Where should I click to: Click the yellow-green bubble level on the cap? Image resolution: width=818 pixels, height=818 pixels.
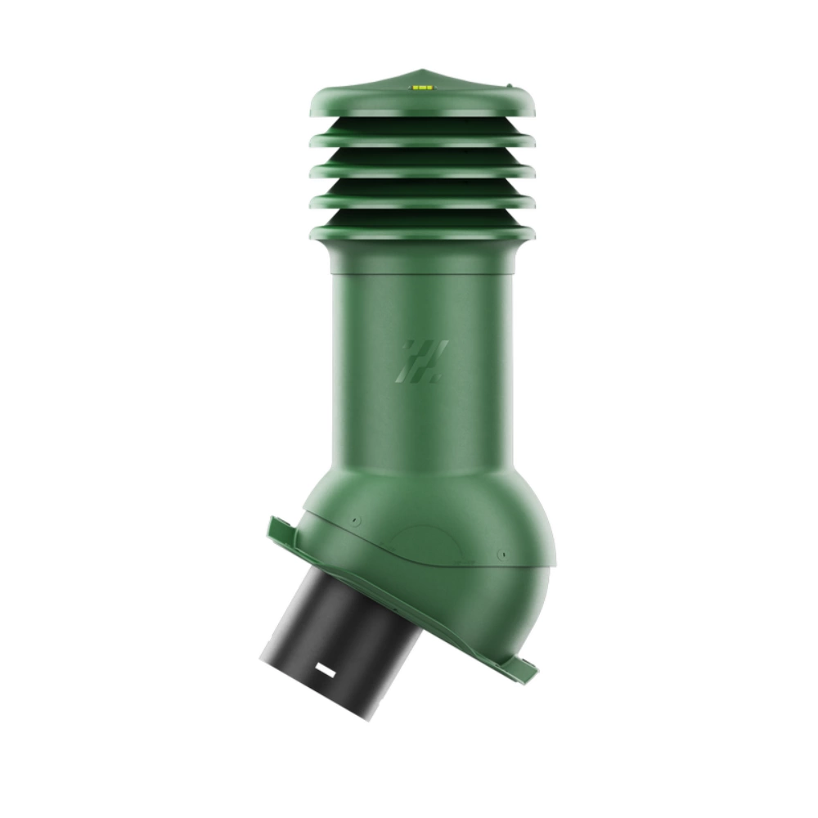tap(423, 84)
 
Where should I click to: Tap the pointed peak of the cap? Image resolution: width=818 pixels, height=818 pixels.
tap(422, 70)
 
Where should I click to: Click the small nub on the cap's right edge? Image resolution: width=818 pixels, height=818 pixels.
tap(510, 84)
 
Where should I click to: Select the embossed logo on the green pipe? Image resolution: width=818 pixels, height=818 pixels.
tap(419, 361)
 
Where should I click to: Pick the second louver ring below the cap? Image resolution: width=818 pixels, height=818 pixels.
tap(422, 171)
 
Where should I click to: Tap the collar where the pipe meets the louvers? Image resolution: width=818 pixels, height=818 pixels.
tap(422, 259)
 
